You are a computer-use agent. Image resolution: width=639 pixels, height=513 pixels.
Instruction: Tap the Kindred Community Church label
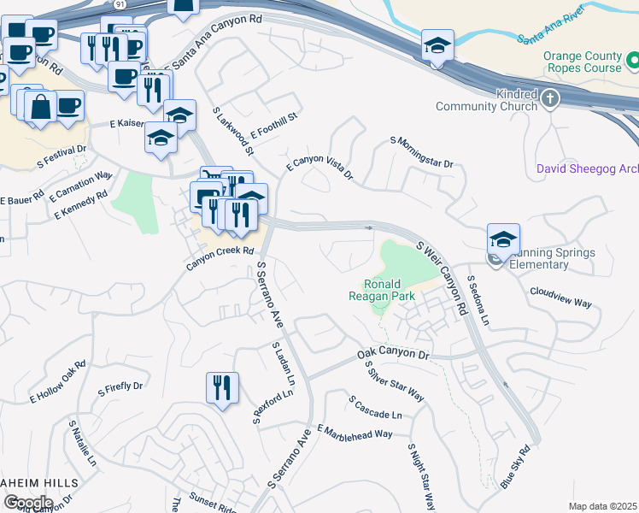(486, 100)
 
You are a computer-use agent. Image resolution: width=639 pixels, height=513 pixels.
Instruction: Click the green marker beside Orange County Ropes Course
(632, 61)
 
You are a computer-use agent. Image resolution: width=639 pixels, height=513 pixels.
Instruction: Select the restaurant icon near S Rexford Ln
(221, 388)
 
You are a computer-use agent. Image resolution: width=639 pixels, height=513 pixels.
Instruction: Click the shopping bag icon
(40, 107)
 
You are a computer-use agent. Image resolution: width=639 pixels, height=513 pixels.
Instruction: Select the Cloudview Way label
(560, 303)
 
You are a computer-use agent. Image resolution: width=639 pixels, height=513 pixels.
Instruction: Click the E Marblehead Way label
(355, 430)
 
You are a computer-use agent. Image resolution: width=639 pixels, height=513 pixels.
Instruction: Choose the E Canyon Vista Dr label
(319, 168)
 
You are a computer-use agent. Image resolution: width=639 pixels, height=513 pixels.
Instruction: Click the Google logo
(27, 502)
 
